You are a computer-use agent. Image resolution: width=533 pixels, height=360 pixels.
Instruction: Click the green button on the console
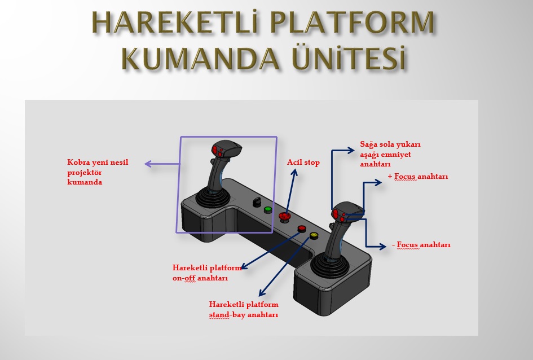(x=268, y=209)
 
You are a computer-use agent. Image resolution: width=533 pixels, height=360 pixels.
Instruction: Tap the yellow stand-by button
(x=314, y=235)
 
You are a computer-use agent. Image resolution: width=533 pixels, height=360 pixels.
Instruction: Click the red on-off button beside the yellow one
(x=302, y=229)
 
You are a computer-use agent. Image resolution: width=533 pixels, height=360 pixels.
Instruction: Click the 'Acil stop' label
(x=303, y=163)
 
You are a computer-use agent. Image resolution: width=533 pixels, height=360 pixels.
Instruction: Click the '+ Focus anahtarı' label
(x=418, y=177)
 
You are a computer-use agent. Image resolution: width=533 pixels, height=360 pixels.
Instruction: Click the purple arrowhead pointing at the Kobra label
(x=148, y=164)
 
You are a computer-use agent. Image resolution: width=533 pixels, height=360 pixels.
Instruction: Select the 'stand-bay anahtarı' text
(x=243, y=315)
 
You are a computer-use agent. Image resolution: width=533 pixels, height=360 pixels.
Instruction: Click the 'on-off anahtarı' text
(x=200, y=278)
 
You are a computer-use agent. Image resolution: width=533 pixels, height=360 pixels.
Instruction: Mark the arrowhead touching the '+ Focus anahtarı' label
(x=381, y=182)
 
